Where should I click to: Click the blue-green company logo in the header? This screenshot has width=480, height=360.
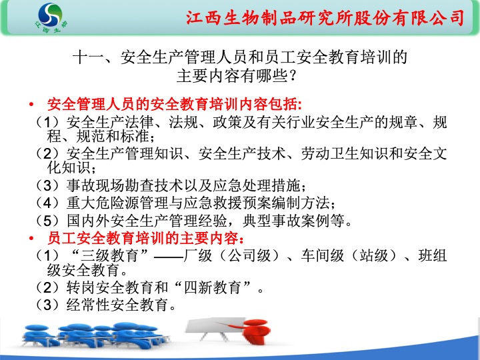[x=50, y=18]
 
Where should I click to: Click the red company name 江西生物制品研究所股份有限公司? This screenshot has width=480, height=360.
[x=325, y=18]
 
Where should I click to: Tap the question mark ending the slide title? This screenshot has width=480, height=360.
[x=293, y=75]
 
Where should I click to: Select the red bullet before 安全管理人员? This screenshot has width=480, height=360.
[x=31, y=105]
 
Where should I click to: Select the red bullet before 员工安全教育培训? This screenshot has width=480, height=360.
[x=31, y=239]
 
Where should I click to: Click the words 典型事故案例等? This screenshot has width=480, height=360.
[x=293, y=221]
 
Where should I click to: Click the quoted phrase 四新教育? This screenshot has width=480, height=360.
[x=212, y=287]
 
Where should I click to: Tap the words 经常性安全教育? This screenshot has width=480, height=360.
[x=117, y=305]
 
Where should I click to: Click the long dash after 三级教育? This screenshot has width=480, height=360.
[x=169, y=257]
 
